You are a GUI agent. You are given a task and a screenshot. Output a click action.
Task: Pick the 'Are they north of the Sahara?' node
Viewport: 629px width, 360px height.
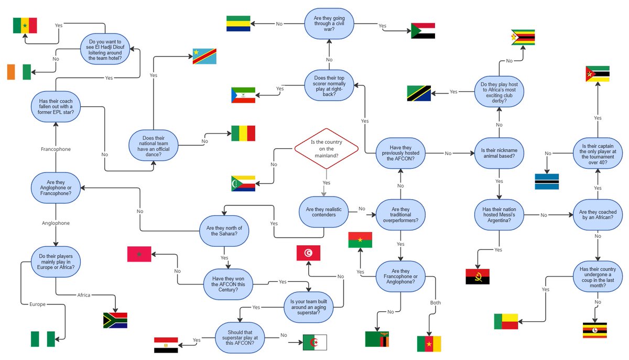224,231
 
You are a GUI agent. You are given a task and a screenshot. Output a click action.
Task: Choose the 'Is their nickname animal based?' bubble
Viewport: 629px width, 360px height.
498,154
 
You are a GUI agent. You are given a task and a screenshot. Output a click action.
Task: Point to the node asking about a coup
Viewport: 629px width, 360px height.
597,278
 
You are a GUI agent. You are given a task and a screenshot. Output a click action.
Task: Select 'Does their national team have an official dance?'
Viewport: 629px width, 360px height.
154,145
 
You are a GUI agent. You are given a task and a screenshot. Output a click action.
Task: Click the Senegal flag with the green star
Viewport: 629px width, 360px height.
25,26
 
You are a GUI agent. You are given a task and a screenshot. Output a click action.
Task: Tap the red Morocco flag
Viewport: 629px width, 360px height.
139,254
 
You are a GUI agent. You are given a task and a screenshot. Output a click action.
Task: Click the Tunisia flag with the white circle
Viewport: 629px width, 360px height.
308,253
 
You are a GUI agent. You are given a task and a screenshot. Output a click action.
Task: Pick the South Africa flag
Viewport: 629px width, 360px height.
115,320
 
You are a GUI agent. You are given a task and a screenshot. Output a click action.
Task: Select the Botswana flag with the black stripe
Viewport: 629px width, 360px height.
547,181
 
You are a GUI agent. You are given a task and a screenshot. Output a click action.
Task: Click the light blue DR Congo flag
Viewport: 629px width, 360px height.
204,56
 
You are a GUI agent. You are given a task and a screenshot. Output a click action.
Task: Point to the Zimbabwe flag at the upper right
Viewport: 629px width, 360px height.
523,38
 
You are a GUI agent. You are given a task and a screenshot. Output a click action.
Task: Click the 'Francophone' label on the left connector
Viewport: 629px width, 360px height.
56,149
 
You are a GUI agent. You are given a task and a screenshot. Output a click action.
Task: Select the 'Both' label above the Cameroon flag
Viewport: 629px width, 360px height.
436,303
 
